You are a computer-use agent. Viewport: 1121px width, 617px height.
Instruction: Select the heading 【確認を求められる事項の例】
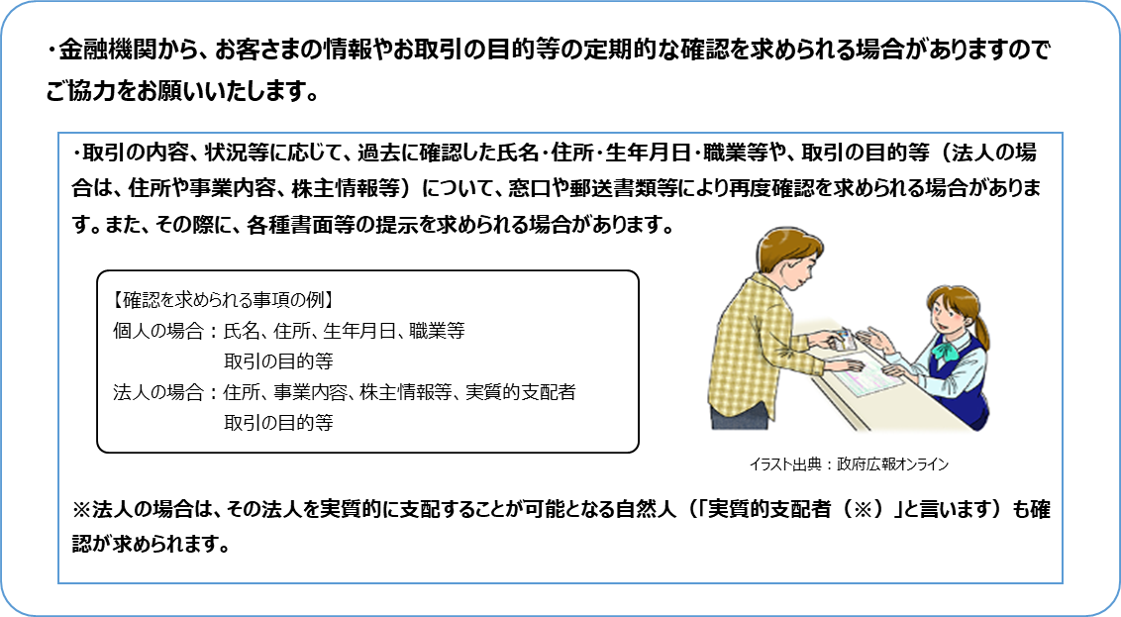223,298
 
